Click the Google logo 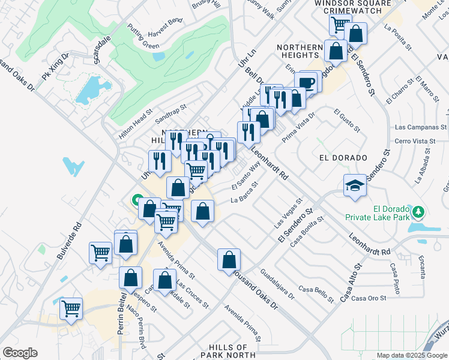(20, 353)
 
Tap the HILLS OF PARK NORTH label (228, 351)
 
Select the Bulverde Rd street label (69, 241)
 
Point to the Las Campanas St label (420, 128)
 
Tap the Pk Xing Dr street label (55, 68)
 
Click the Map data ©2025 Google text (411, 355)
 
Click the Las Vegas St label (287, 213)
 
